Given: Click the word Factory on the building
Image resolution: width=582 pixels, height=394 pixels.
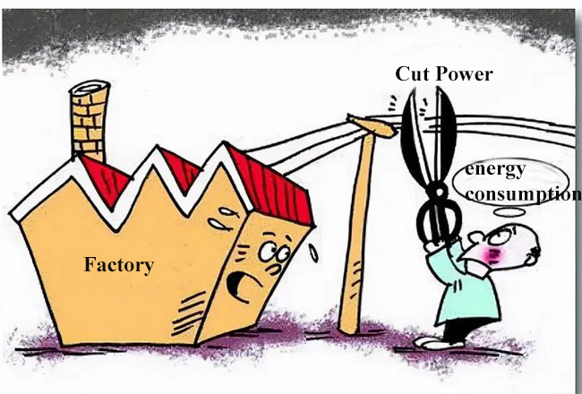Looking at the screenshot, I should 119,265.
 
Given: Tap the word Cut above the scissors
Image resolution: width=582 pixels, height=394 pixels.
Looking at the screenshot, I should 413,74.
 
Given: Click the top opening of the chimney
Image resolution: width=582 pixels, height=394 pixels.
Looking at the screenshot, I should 90,90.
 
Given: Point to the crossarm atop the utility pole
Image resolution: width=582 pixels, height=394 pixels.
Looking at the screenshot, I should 371,126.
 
